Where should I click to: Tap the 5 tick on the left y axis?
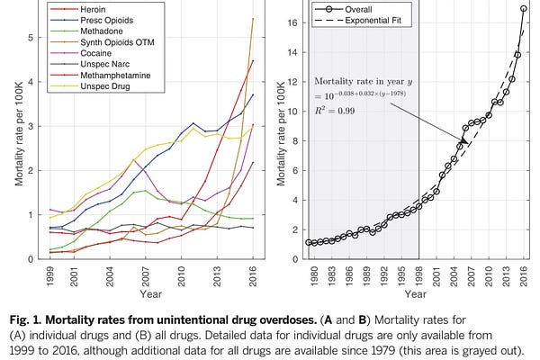tap(31, 38)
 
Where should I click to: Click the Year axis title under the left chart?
tap(149, 292)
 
